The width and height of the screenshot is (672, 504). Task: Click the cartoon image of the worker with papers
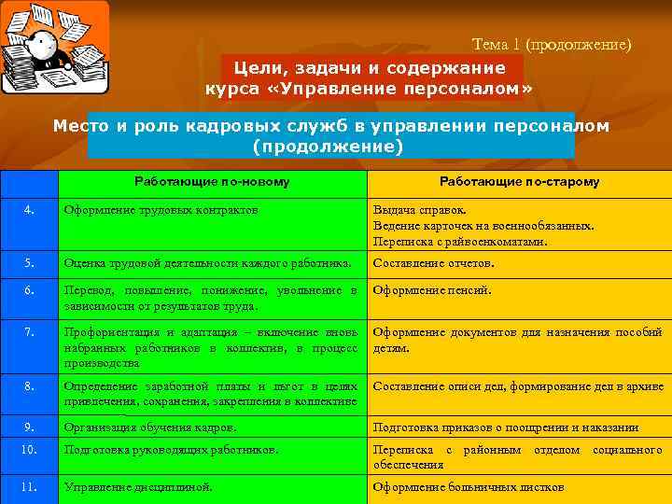[x=54, y=48]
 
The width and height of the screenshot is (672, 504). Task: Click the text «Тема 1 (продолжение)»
[x=552, y=44]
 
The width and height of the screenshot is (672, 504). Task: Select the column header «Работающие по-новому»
[x=212, y=182]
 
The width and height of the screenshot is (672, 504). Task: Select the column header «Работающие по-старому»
[x=519, y=182]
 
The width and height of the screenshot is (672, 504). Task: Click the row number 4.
[x=29, y=210]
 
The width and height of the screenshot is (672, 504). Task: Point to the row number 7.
[x=29, y=331]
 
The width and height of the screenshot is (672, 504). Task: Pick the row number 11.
[x=29, y=486]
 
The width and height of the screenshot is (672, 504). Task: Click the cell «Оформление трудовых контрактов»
[x=161, y=210]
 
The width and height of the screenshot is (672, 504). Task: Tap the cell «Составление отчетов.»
[x=433, y=263]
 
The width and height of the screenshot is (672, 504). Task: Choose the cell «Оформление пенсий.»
[x=431, y=290]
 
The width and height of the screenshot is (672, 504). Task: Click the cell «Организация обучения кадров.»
[x=149, y=427]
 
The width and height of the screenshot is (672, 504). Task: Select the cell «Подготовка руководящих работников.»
[x=170, y=450]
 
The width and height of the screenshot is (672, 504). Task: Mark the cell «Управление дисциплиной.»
[x=137, y=486]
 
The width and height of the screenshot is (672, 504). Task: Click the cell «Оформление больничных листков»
[x=468, y=486]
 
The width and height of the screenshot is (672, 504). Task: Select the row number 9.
[x=29, y=427]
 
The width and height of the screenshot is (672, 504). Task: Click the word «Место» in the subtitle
[x=78, y=125]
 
